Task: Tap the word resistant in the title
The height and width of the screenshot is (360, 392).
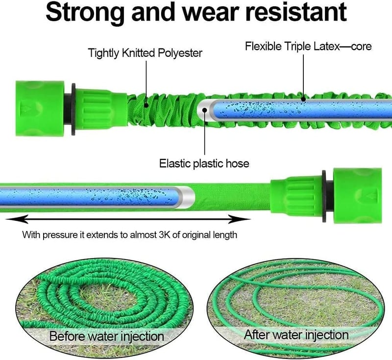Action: (x=296, y=12)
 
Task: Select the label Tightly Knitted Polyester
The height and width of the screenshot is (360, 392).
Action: (x=145, y=53)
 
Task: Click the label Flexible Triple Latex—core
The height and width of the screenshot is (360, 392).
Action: (x=308, y=47)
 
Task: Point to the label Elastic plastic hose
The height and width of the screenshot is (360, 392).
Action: (x=204, y=164)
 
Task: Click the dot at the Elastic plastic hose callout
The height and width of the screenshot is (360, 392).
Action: (x=205, y=110)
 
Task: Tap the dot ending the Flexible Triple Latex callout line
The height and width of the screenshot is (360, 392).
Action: (x=303, y=100)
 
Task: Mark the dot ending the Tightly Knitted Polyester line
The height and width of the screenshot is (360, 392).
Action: (x=146, y=105)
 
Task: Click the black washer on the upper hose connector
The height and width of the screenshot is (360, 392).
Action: (x=73, y=109)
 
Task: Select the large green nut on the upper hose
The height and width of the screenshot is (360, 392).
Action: (x=40, y=108)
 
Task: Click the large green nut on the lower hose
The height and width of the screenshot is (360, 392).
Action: (x=358, y=196)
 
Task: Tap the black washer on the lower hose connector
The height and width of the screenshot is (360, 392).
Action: (x=324, y=196)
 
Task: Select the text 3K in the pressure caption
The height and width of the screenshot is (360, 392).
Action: (x=165, y=235)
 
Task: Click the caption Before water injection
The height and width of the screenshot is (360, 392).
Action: (x=106, y=336)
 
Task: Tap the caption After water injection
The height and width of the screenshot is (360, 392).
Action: (x=296, y=334)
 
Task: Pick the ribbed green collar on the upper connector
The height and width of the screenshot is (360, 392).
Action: (x=100, y=109)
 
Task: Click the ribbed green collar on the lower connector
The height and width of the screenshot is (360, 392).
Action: (x=296, y=196)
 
